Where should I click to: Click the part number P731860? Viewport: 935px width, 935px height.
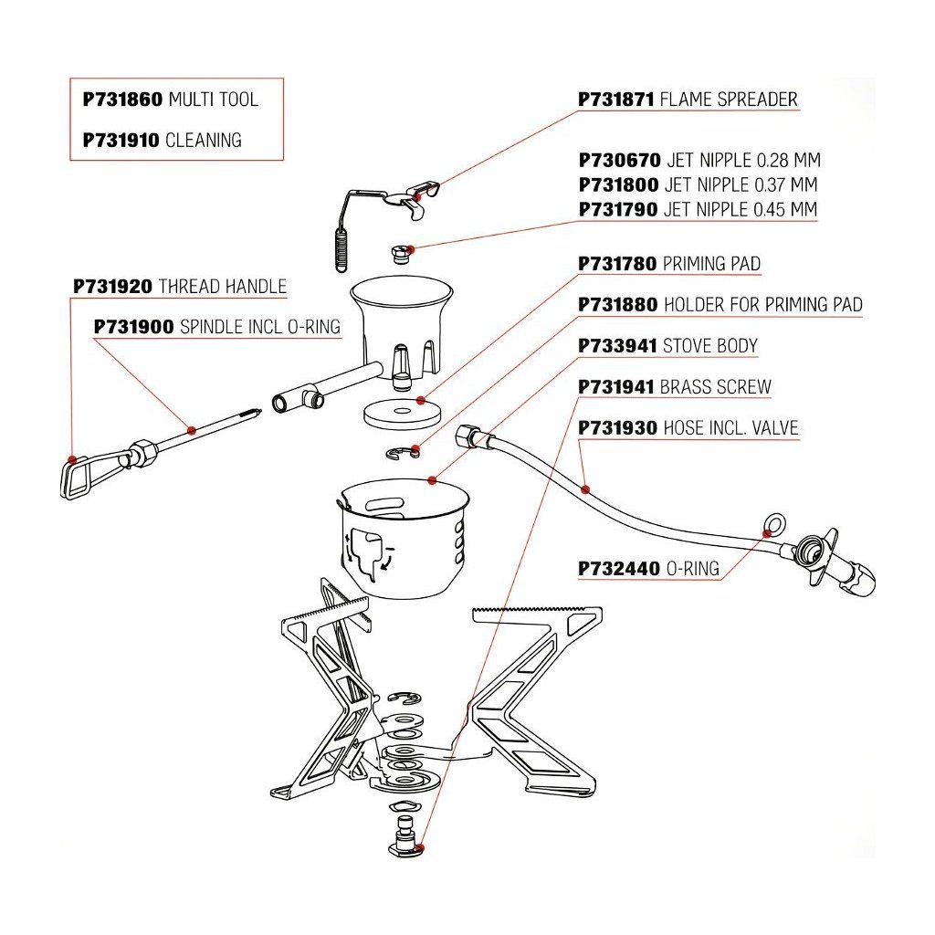(122, 100)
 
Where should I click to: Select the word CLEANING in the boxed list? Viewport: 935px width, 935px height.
(204, 140)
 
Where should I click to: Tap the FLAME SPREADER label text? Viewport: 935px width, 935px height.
(729, 99)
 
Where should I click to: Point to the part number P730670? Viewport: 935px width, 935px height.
(620, 160)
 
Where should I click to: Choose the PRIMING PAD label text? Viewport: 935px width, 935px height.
(711, 263)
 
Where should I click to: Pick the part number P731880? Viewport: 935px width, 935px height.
(618, 305)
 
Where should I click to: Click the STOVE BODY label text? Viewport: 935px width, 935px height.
(710, 346)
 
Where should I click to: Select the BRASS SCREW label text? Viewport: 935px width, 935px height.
(716, 387)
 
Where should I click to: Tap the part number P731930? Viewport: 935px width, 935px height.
(618, 428)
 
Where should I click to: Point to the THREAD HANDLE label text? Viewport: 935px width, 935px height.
(223, 287)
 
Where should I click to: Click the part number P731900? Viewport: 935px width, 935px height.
(134, 327)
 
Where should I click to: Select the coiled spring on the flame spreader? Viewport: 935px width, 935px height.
(341, 250)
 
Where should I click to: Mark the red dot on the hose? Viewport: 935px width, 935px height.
(585, 489)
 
